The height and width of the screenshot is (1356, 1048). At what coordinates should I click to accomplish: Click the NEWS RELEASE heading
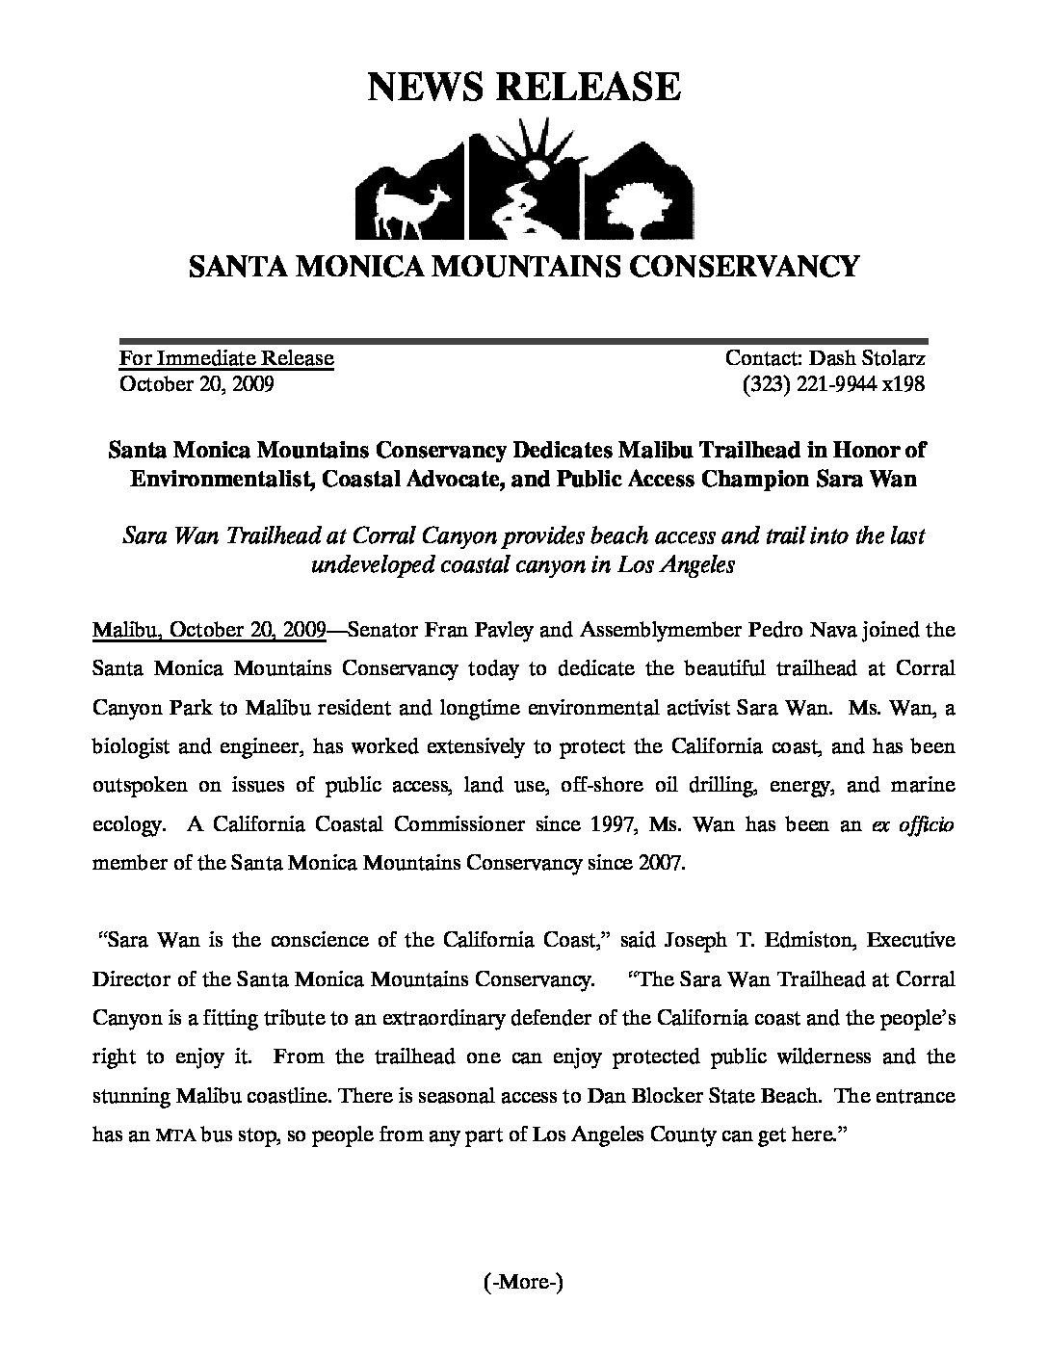click(x=524, y=87)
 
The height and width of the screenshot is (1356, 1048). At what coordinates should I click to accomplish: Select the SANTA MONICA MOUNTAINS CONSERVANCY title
click(x=523, y=266)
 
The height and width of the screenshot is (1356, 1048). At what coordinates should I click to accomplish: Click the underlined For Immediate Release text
click(x=226, y=358)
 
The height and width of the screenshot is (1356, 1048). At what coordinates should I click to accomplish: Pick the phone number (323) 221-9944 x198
click(x=833, y=383)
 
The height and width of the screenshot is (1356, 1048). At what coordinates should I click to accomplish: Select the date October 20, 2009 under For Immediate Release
click(x=196, y=383)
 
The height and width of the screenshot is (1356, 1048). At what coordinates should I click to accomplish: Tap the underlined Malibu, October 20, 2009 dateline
click(x=209, y=631)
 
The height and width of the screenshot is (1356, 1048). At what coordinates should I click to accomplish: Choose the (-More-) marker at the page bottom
click(x=522, y=1282)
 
